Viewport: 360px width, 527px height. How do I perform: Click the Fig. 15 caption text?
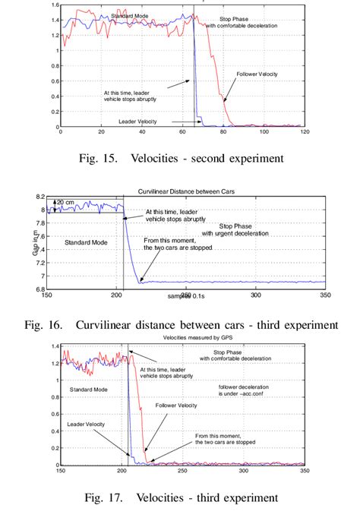point(180,159)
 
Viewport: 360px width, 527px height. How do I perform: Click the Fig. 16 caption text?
point(180,325)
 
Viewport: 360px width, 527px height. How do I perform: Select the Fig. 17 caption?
point(180,498)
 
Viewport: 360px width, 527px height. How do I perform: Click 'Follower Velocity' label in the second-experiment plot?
point(257,74)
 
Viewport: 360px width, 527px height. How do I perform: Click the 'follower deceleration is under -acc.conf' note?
point(245,391)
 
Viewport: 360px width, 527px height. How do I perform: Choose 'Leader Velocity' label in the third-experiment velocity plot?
point(86,424)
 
